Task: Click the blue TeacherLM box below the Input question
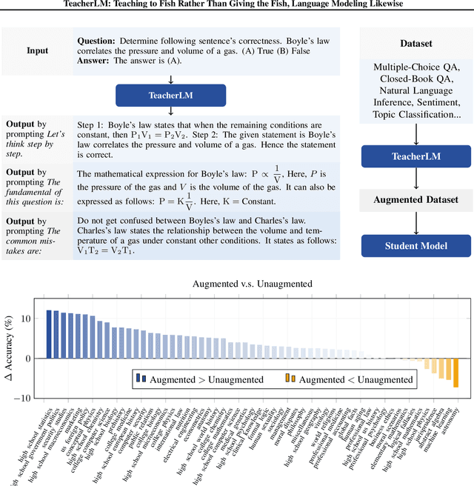pyautogui.click(x=170, y=95)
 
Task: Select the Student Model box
pyautogui.click(x=410, y=246)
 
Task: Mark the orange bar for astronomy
pyautogui.click(x=456, y=373)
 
